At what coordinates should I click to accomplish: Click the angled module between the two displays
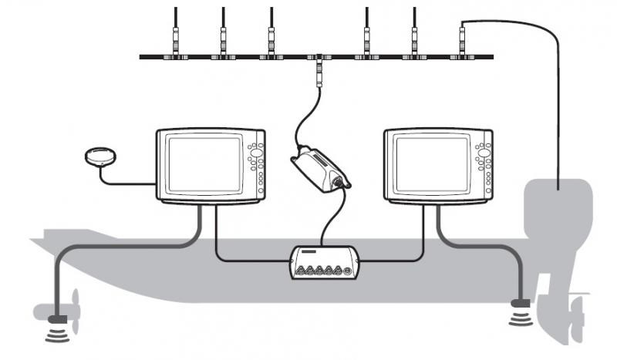click(x=318, y=167)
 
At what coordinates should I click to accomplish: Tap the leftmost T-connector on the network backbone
click(x=176, y=56)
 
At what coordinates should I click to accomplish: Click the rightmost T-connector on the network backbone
click(x=462, y=56)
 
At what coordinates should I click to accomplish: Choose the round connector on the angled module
click(x=339, y=183)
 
